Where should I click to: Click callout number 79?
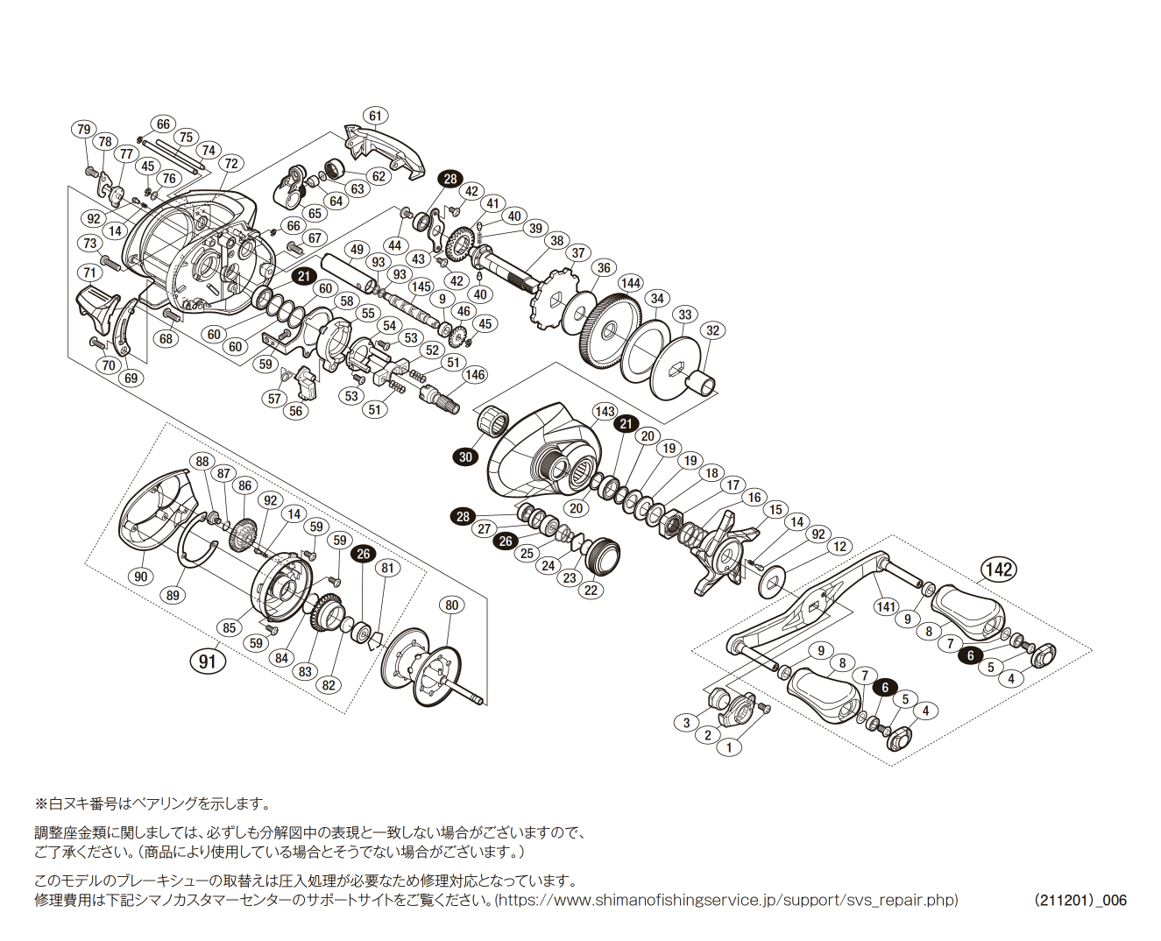coord(83,130)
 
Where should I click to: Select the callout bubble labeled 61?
coord(375,116)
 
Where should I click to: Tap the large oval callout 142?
coord(999,570)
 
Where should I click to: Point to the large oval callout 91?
coord(208,662)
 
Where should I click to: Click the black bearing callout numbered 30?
coord(465,456)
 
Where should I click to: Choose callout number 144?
coord(631,283)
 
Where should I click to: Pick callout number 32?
coord(713,330)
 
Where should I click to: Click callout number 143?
coord(605,412)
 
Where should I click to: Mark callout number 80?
coord(451,605)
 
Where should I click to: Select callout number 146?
coord(475,375)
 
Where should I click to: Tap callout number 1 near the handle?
coord(729,748)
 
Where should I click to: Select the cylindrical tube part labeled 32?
coord(700,384)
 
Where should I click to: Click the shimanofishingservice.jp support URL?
coord(726,900)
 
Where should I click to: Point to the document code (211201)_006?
coord(1080,900)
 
